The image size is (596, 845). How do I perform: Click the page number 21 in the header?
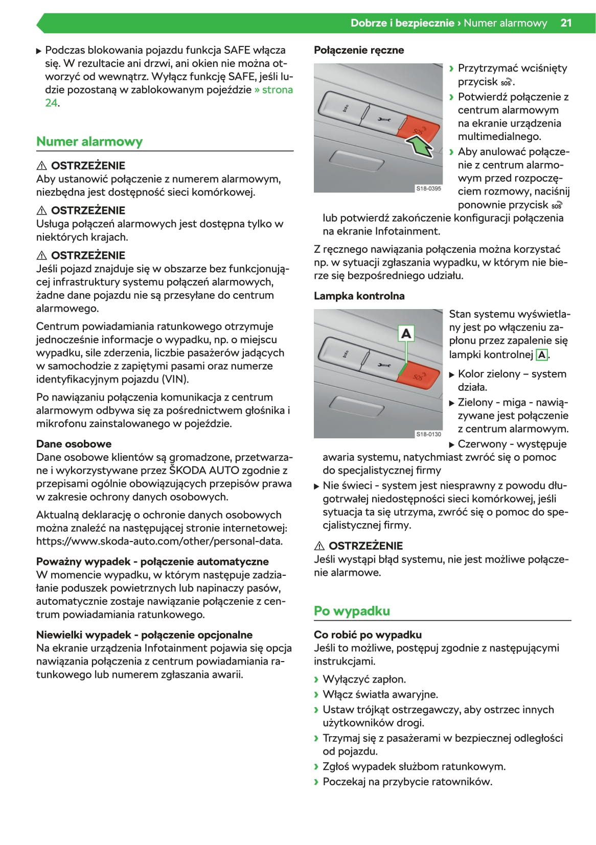(565, 23)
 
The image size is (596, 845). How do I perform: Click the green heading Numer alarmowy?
(89, 142)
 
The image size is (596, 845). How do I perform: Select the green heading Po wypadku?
(352, 611)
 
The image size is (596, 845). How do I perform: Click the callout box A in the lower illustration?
(406, 334)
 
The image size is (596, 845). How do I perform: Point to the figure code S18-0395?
(428, 189)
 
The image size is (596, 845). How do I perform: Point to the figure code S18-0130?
(428, 434)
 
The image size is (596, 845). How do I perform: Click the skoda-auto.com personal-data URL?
(159, 542)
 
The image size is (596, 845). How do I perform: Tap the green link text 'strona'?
(278, 90)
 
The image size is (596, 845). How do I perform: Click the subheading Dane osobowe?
(74, 444)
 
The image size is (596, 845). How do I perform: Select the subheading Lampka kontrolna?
(359, 296)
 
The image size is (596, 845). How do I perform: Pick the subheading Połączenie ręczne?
(359, 50)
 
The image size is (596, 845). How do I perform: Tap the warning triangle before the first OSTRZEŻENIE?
(42, 166)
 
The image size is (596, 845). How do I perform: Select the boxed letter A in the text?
(541, 355)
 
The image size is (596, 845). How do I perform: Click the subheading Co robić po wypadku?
(368, 635)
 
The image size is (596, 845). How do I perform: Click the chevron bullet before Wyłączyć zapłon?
(316, 679)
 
